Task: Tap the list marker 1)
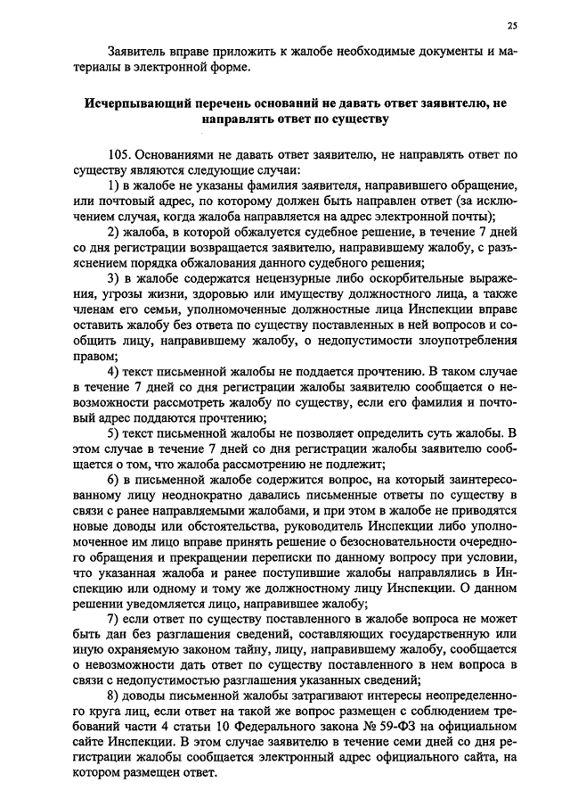(113, 185)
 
